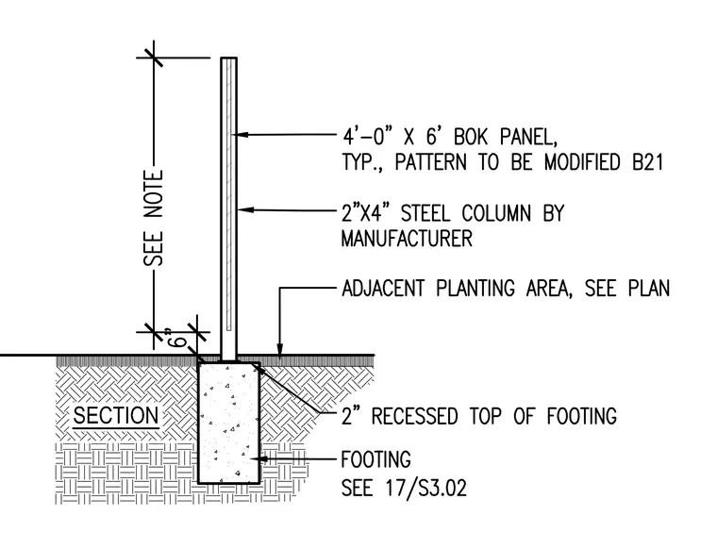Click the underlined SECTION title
(x=116, y=415)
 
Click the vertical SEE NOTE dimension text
(x=154, y=218)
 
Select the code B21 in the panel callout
(x=647, y=162)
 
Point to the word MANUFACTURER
(x=407, y=239)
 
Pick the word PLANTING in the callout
(x=475, y=289)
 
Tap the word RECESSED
(x=414, y=416)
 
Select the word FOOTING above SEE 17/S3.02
(x=375, y=459)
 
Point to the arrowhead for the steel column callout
(x=244, y=209)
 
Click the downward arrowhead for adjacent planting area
(x=280, y=348)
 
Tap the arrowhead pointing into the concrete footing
(x=257, y=458)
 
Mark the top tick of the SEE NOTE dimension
(x=154, y=58)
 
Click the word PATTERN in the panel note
(x=431, y=162)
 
